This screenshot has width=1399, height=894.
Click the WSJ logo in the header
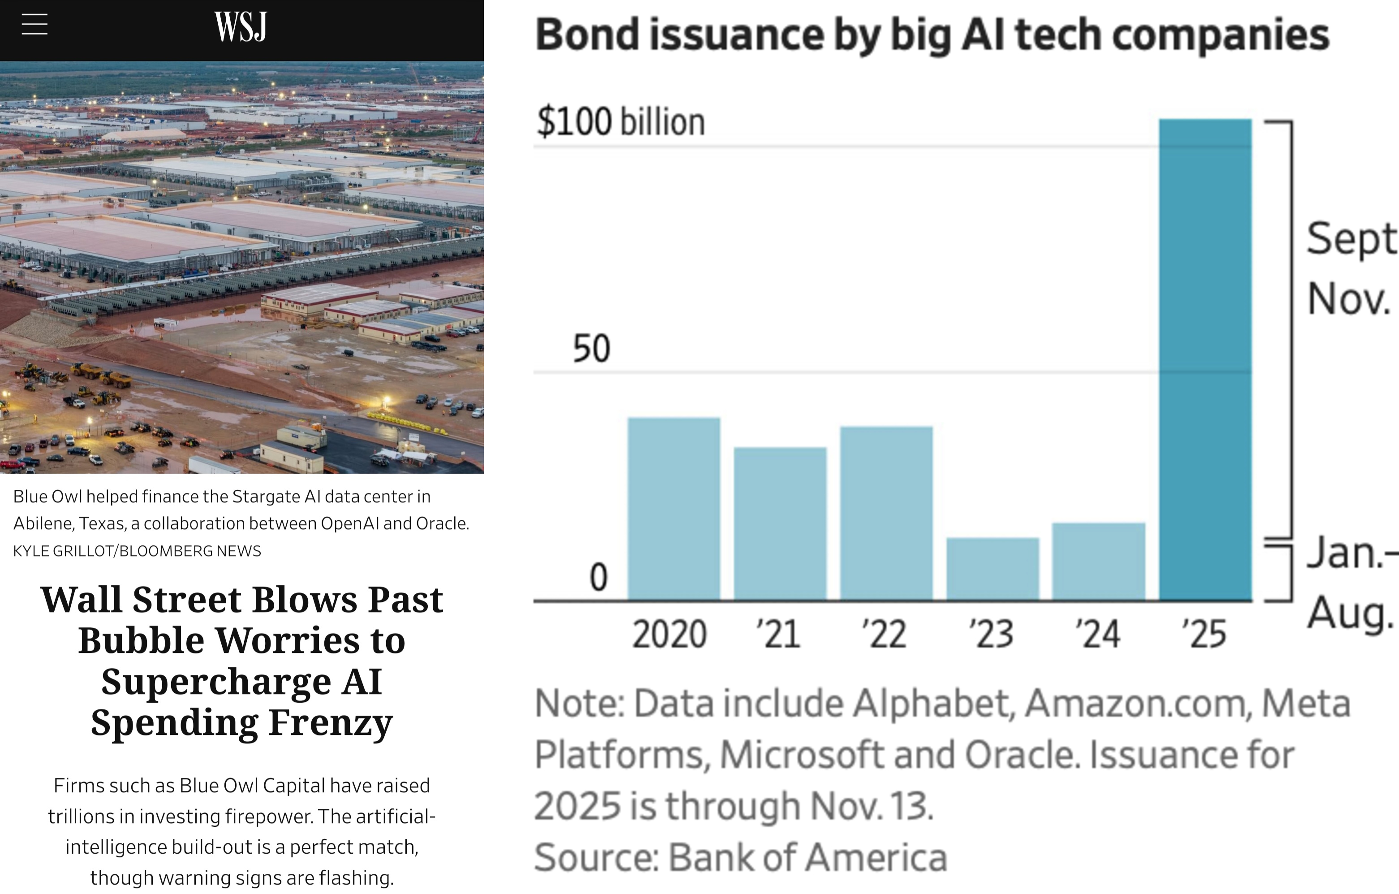click(x=241, y=27)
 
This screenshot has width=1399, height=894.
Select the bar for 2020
click(x=673, y=509)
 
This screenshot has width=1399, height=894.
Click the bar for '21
click(x=779, y=523)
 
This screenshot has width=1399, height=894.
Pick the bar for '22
click(x=886, y=513)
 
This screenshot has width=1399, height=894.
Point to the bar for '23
click(x=992, y=569)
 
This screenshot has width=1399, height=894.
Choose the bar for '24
click(x=1098, y=561)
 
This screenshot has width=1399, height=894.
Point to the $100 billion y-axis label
click(x=620, y=122)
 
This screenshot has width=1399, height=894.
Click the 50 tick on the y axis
click(x=591, y=349)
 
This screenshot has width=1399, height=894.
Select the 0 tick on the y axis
click(x=598, y=578)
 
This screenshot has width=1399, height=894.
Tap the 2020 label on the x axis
click(x=669, y=634)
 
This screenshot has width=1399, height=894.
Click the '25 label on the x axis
click(x=1204, y=634)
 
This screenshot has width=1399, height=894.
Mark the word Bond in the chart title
click(x=587, y=35)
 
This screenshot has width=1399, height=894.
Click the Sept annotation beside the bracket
click(x=1351, y=238)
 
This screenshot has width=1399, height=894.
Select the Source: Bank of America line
click(x=740, y=857)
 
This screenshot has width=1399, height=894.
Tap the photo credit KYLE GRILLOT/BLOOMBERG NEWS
click(x=137, y=551)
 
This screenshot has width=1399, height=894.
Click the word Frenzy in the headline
click(x=331, y=722)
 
